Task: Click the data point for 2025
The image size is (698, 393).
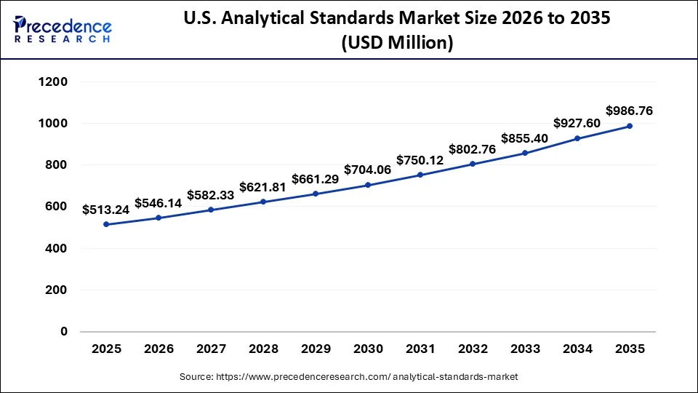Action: [x=106, y=224]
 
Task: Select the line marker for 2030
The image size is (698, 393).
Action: [x=368, y=185]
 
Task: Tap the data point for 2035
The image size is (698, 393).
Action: [x=630, y=126]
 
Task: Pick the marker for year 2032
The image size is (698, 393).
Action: [x=473, y=164]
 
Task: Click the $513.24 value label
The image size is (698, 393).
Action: [x=106, y=210]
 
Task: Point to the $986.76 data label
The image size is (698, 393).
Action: [x=630, y=111]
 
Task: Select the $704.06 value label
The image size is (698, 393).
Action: [x=368, y=170]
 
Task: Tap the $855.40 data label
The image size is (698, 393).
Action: [x=525, y=138]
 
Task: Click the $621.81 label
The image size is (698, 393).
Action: [x=263, y=187]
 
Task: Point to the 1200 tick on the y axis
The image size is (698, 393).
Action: [x=52, y=82]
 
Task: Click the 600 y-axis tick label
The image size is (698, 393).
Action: [x=57, y=207]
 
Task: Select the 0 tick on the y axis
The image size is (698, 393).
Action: [x=63, y=332]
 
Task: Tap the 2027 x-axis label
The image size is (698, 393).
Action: [x=211, y=349]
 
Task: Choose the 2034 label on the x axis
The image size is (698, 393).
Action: [x=577, y=349]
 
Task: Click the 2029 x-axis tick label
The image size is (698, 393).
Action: [x=316, y=349]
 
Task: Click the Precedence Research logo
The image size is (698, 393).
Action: [x=62, y=29]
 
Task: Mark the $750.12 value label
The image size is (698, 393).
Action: [x=420, y=160]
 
